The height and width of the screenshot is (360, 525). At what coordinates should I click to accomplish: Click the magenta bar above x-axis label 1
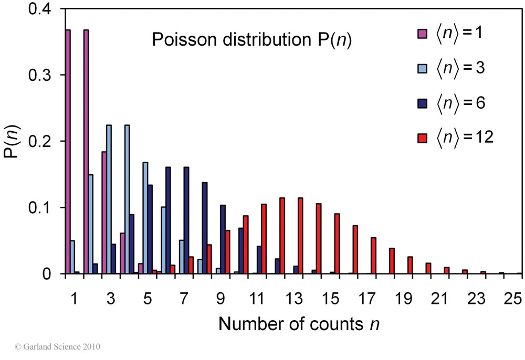[68, 152]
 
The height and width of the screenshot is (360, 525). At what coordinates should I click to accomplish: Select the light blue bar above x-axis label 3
[109, 199]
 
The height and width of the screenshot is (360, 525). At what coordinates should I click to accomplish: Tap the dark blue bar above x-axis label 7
[186, 220]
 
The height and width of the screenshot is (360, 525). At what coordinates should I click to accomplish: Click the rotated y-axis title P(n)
[15, 142]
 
